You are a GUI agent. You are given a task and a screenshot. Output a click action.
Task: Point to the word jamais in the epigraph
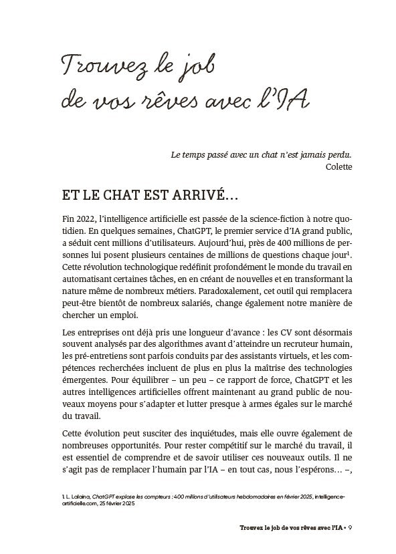[x=296, y=154]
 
